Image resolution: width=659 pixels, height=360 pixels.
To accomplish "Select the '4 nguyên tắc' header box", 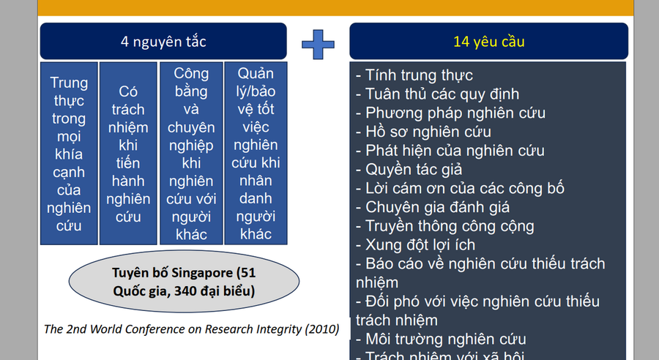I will tap(163, 42).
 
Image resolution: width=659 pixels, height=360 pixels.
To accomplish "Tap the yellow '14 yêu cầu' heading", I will tap(488, 42).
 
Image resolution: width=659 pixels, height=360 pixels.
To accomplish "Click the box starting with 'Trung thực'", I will tap(69, 154).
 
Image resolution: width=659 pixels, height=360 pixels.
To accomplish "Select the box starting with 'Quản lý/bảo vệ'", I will tap(256, 154).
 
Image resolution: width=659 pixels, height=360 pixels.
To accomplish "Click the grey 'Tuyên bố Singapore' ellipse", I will tap(184, 282).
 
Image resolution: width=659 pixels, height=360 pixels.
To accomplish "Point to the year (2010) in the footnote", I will tap(322, 329).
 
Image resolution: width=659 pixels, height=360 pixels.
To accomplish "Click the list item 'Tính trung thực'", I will tap(414, 75).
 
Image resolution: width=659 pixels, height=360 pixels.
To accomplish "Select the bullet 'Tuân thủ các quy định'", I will tap(437, 94).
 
